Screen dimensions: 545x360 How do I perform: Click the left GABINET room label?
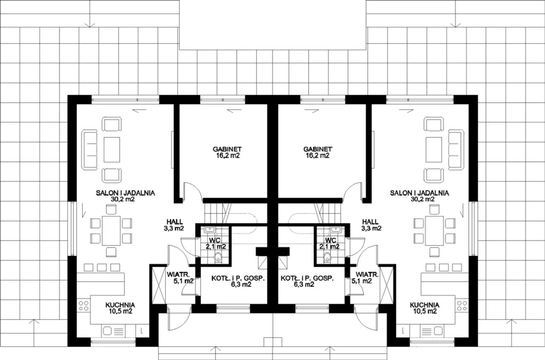227,152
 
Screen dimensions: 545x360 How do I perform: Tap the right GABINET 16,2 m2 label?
318,152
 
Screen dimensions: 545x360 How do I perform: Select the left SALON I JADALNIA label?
125,196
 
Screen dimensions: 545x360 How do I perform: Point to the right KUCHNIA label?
425,308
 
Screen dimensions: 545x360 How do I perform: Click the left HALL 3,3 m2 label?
174,225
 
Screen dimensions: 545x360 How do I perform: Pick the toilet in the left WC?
218,257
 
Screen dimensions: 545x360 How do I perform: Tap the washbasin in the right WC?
336,230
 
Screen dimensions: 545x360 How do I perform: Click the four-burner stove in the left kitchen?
84,306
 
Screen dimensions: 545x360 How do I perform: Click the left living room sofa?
89,150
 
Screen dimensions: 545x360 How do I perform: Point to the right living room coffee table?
434,150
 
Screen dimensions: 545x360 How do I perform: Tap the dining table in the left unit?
111,231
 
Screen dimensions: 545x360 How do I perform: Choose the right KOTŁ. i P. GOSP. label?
307,281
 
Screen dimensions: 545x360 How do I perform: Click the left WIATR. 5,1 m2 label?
180,278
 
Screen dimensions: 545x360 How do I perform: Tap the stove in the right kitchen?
462,306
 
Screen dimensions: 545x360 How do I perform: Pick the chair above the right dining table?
434,209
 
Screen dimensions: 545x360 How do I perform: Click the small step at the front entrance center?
273,342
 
